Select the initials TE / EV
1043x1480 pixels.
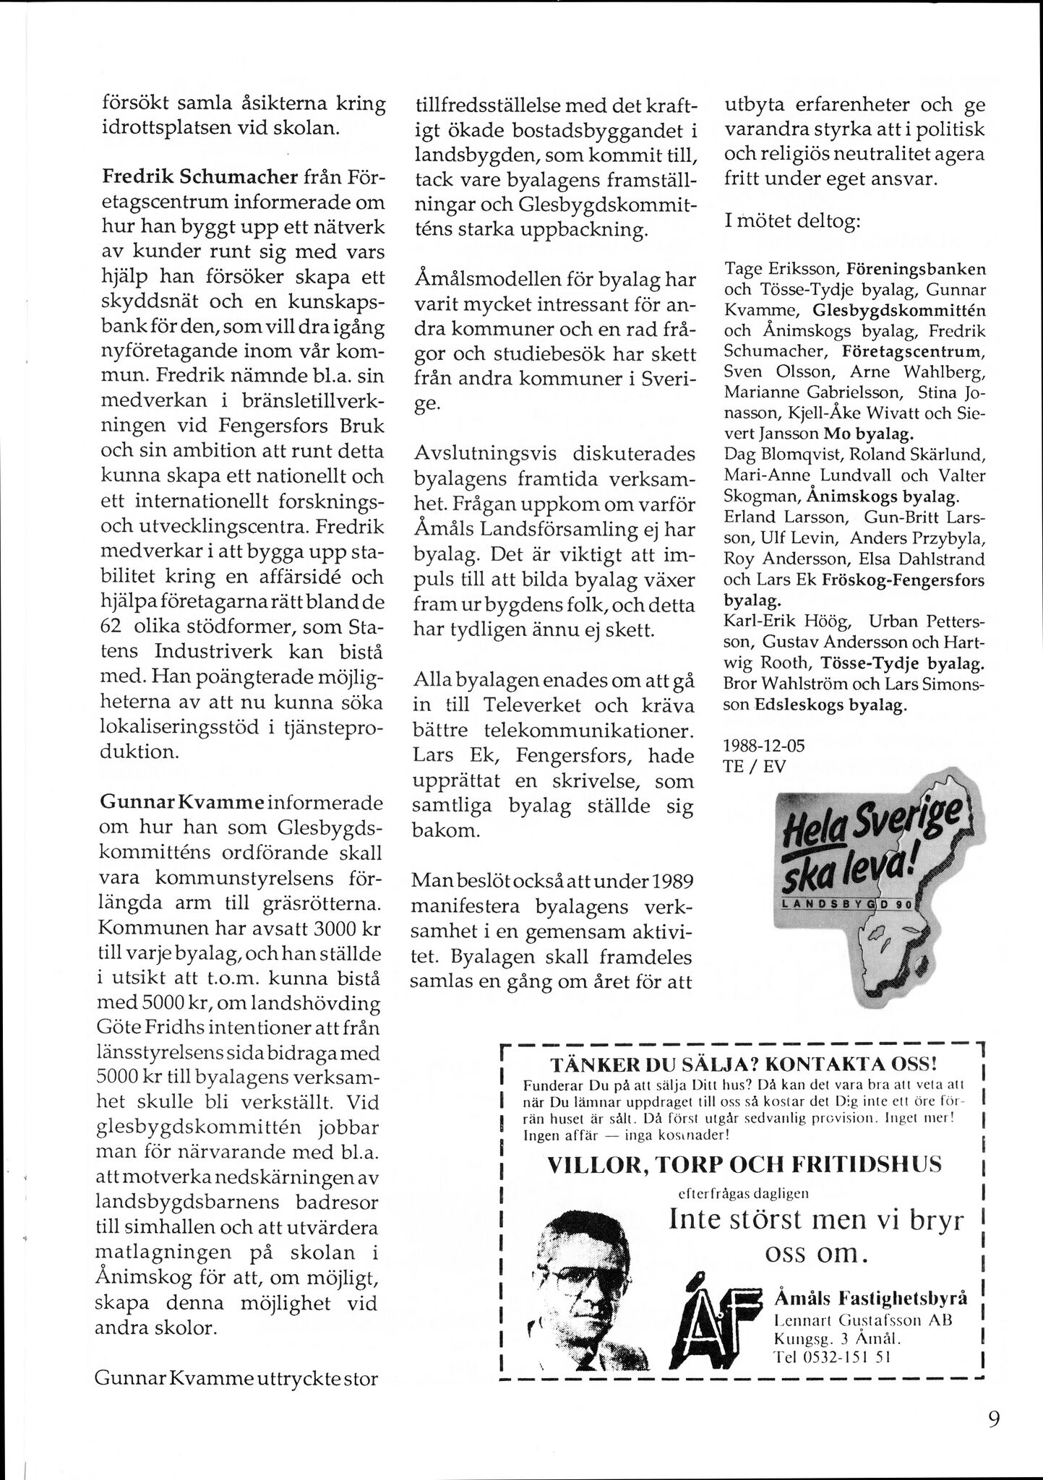coord(755,767)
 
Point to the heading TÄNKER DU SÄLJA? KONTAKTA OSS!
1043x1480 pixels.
coord(744,1064)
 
